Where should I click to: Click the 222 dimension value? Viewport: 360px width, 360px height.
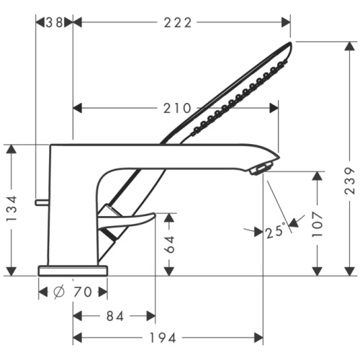point(178,22)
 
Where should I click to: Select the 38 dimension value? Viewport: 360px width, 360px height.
point(55,22)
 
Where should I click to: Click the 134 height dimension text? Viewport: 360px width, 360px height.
point(12,210)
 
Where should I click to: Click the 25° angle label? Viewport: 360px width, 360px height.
point(275,231)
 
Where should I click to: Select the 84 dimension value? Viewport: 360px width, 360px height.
point(115,315)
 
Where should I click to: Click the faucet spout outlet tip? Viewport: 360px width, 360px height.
point(258,169)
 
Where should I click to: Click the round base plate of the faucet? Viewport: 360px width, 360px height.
point(73,270)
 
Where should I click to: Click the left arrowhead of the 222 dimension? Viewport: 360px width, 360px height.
point(78,22)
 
